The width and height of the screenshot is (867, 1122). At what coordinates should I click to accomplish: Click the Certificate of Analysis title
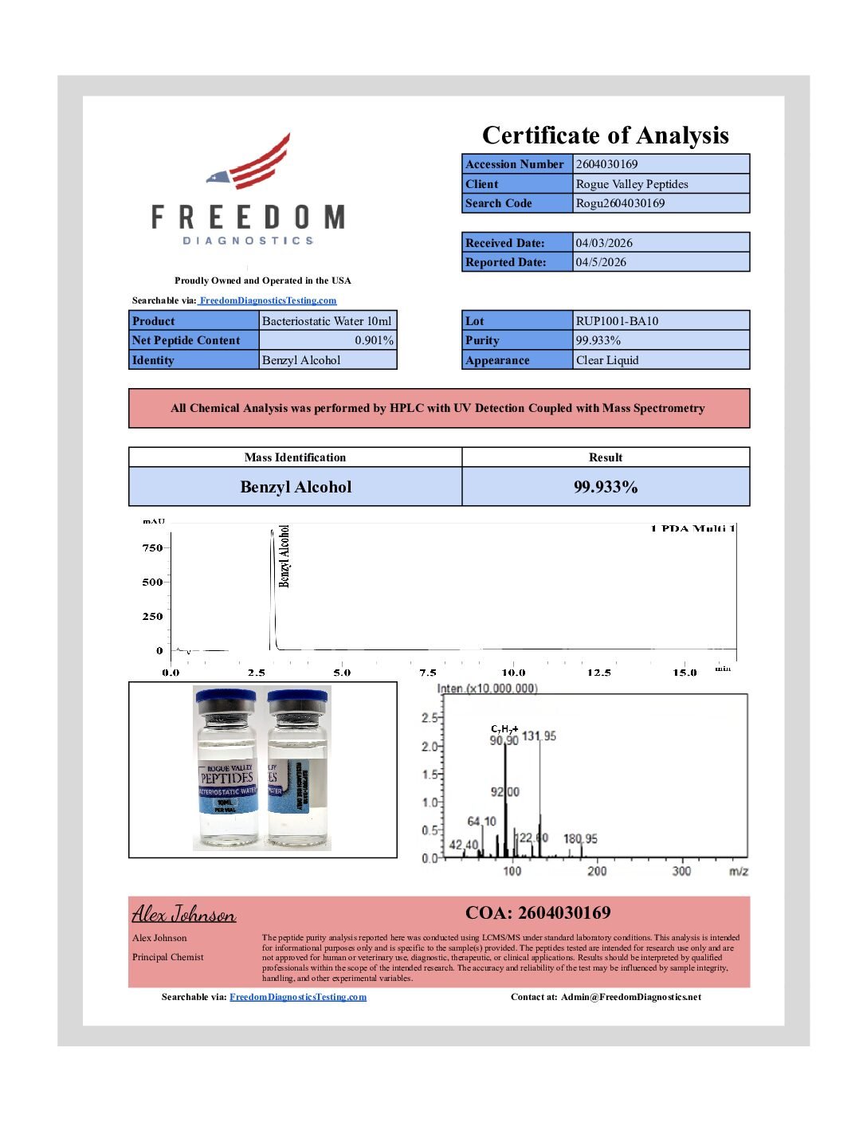[x=605, y=135]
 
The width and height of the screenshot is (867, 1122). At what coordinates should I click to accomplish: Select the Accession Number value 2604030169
[x=606, y=164]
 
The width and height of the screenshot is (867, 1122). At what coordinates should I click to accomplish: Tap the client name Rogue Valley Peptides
[x=631, y=184]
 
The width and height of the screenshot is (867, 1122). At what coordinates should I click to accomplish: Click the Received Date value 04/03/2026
[x=604, y=243]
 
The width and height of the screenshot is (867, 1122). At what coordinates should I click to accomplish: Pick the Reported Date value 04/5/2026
[x=601, y=262]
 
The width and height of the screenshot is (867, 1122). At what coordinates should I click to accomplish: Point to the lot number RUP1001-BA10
[x=617, y=321]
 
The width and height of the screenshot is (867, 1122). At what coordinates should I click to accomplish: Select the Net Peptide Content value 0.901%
[x=374, y=340]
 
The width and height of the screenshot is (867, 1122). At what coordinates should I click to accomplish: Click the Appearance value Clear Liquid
[x=607, y=360]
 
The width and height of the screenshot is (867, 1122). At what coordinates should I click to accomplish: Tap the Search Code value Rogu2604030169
[x=620, y=203]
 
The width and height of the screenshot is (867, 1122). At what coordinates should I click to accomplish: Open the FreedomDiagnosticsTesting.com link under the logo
[x=268, y=300]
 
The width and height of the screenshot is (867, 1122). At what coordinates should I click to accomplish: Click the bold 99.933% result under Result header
[x=606, y=487]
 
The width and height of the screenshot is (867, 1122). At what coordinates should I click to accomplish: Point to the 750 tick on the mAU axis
[x=152, y=547]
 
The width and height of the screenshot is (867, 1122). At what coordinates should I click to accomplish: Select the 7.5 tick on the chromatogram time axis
[x=428, y=673]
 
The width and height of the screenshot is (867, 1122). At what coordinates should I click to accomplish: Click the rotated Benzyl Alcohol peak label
[x=284, y=556]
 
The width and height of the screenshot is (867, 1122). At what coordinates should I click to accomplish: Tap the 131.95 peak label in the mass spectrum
[x=539, y=736]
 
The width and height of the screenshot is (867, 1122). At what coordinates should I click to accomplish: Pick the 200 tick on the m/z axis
[x=597, y=871]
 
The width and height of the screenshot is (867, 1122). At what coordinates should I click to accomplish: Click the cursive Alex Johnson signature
[x=184, y=913]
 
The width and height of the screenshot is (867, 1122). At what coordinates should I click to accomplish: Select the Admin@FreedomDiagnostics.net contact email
[x=630, y=997]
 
